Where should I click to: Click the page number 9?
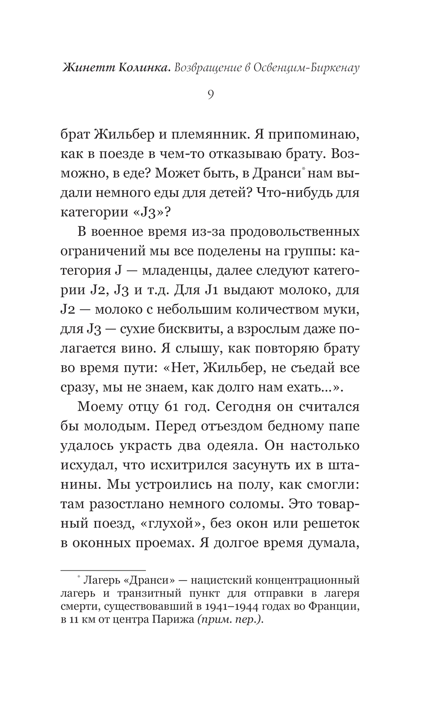(211, 95)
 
